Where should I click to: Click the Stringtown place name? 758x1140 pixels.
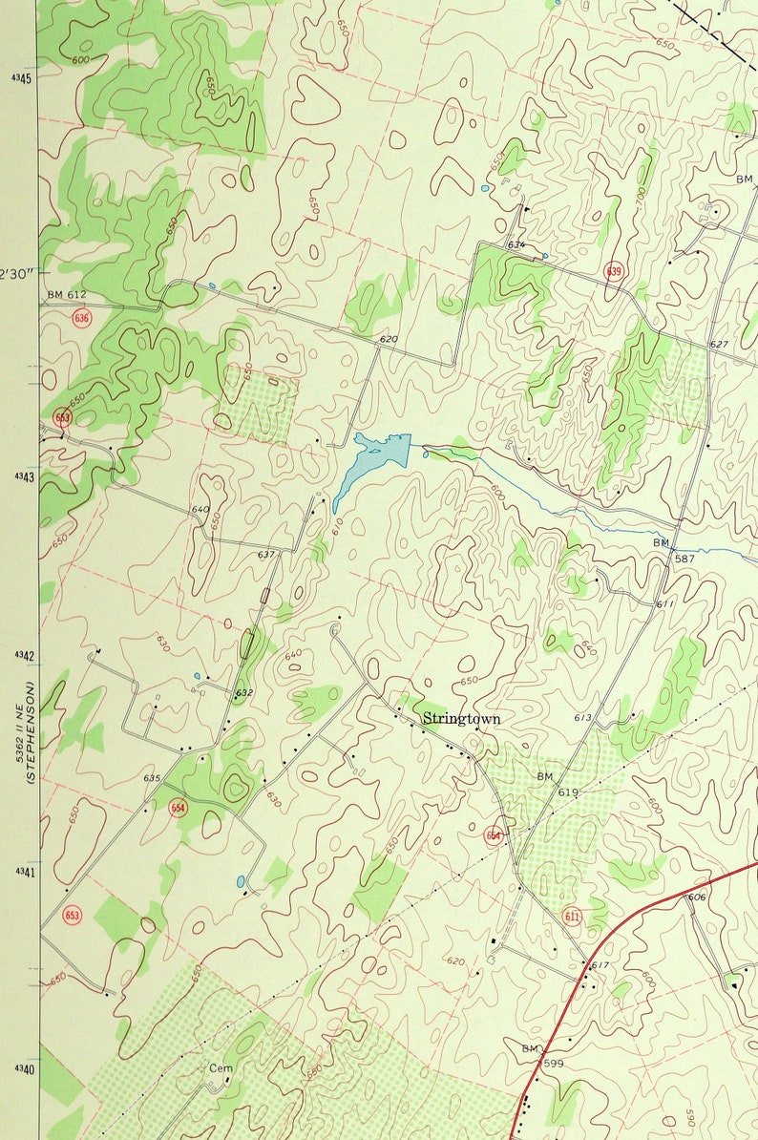461,719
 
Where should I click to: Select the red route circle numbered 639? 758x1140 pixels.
614,272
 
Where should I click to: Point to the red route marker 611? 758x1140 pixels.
572,917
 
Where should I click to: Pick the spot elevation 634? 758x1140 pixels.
516,245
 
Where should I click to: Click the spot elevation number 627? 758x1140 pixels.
719,345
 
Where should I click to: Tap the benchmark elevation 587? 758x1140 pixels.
684,557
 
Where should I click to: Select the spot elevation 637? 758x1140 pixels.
266,555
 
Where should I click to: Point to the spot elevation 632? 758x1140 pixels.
244,693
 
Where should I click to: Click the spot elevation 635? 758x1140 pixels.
152,778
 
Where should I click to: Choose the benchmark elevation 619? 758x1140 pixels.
569,792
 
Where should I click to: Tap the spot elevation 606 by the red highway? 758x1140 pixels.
696,897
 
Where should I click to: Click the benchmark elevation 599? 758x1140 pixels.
555,1063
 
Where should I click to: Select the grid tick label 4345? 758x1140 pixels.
21,77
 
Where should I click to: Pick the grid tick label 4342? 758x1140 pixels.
21,656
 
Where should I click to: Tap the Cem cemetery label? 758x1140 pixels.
221,1068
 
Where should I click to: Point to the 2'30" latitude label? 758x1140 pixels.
16,273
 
